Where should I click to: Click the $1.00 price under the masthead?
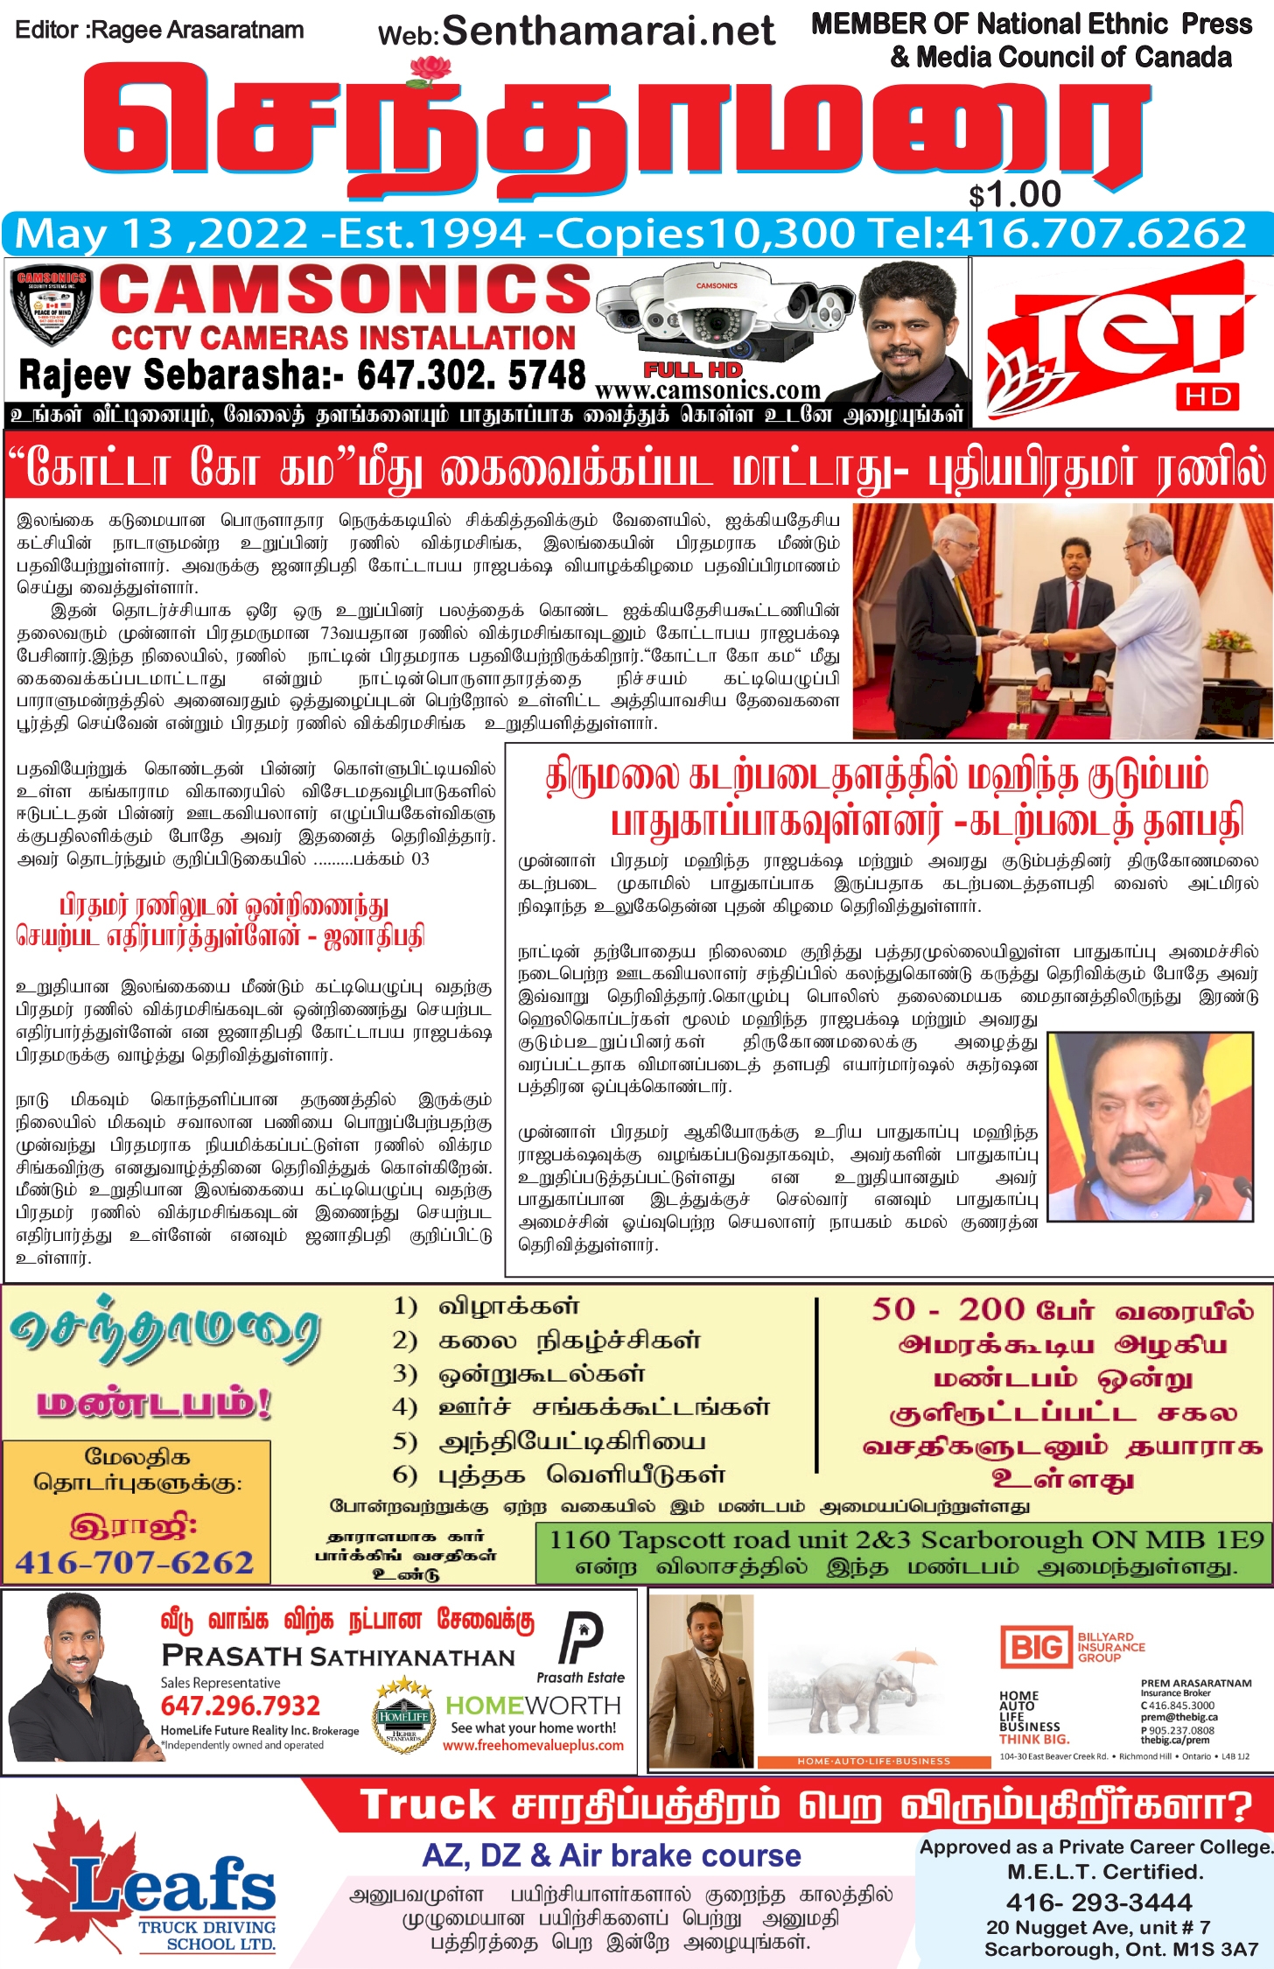pyautogui.click(x=1015, y=194)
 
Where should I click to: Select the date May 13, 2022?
pyautogui.click(x=162, y=234)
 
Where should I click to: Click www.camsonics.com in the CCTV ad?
pyautogui.click(x=707, y=390)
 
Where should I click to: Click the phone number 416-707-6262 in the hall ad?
pyautogui.click(x=135, y=1562)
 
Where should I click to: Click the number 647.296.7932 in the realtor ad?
pyautogui.click(x=241, y=1706)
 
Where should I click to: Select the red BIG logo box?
pyautogui.click(x=1036, y=1648)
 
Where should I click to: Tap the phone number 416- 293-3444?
pyautogui.click(x=1099, y=1902)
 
